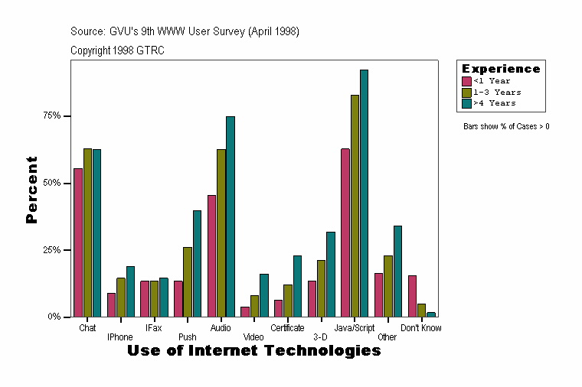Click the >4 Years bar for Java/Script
pyautogui.click(x=365, y=193)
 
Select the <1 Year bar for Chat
pyautogui.click(x=78, y=242)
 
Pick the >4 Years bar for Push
pyautogui.click(x=197, y=264)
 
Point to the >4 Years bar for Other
pyautogui.click(x=397, y=272)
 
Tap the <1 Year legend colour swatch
pyautogui.click(x=466, y=81)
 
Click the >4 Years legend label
pyautogui.click(x=495, y=102)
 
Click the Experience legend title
pyautogui.click(x=501, y=69)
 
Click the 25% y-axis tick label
pyautogui.click(x=51, y=250)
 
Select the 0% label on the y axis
pyautogui.click(x=54, y=317)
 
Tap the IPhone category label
pyautogui.click(x=120, y=337)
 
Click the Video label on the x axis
pyautogui.click(x=253, y=337)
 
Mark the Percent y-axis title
pyautogui.click(x=31, y=190)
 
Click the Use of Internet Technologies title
pyautogui.click(x=253, y=351)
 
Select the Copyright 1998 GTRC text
pyautogui.click(x=117, y=50)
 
